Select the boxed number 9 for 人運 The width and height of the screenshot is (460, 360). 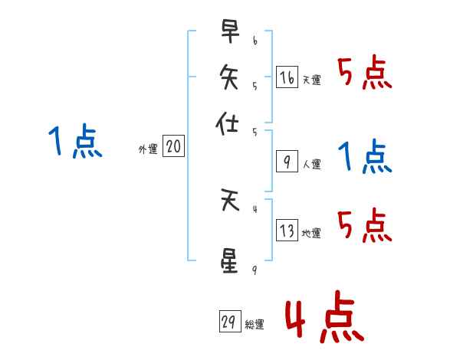(286, 162)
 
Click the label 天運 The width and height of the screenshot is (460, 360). (311, 80)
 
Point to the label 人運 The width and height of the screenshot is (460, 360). (311, 164)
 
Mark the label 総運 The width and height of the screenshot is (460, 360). (254, 325)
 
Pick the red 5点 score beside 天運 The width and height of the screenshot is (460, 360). (365, 74)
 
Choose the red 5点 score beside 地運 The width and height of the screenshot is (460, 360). (365, 226)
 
